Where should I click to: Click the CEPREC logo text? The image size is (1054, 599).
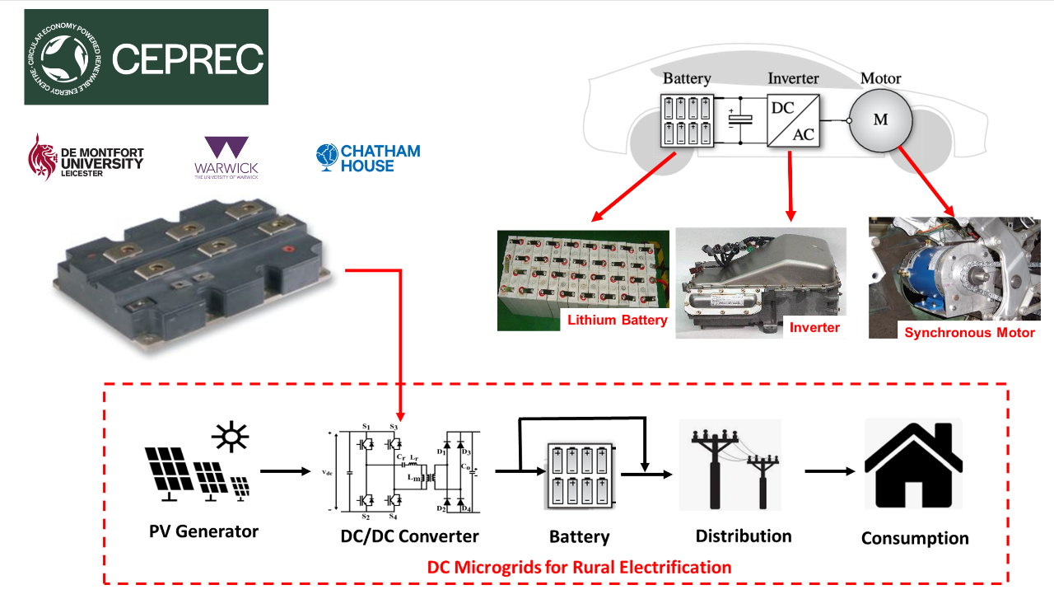[188, 58]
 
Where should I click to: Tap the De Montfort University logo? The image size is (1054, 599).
[86, 157]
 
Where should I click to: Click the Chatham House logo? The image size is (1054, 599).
[368, 158]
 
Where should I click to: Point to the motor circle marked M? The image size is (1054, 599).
[881, 120]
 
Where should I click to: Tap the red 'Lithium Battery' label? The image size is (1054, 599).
[617, 320]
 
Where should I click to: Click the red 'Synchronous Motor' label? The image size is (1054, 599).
[969, 333]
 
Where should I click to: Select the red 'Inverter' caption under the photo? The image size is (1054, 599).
[814, 327]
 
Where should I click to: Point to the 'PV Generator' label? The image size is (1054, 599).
[203, 531]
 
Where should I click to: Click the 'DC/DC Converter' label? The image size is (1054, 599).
[409, 536]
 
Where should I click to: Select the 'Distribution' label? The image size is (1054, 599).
[744, 536]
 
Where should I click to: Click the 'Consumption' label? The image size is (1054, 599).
[915, 539]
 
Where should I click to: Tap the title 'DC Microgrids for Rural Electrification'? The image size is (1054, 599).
[579, 568]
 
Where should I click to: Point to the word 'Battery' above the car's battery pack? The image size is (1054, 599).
[687, 79]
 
